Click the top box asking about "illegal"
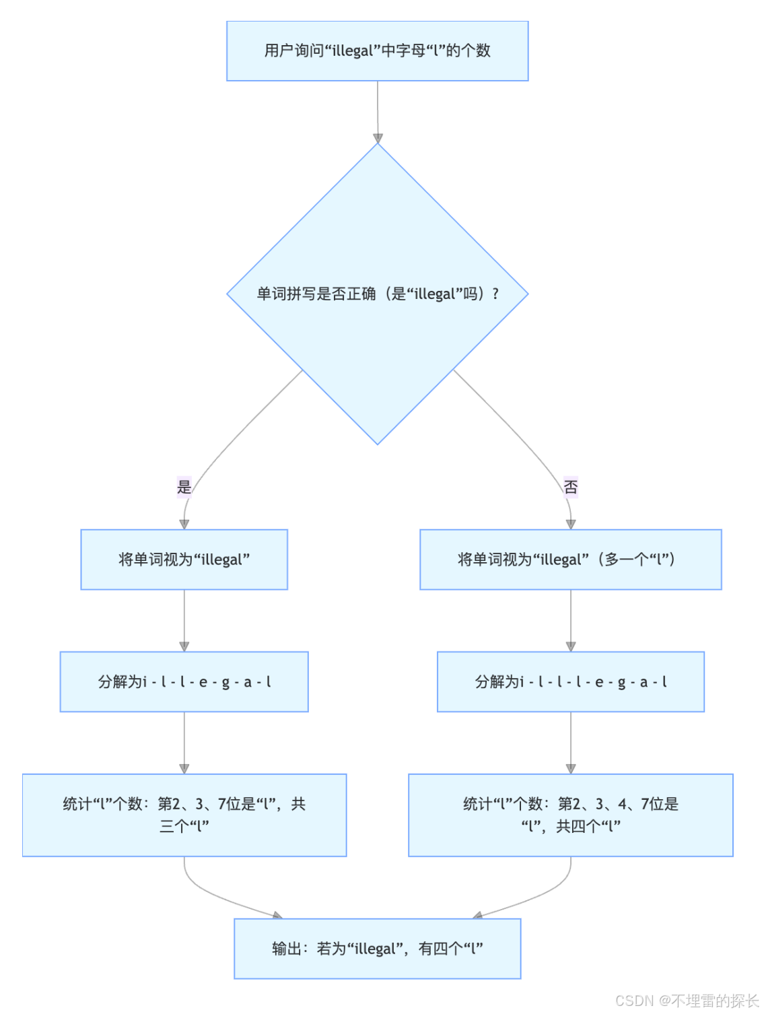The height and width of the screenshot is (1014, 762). pyautogui.click(x=377, y=51)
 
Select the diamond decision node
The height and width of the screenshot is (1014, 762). pyautogui.click(x=377, y=294)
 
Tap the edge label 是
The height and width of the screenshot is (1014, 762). pyautogui.click(x=184, y=486)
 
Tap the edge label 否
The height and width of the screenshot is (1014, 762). pyautogui.click(x=570, y=486)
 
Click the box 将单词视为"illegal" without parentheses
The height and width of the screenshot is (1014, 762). pyautogui.click(x=184, y=560)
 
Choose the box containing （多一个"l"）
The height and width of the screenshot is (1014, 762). pyautogui.click(x=570, y=560)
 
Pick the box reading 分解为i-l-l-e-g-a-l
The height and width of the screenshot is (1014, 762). pyautogui.click(x=184, y=681)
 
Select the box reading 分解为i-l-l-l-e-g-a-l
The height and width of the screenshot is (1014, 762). pyautogui.click(x=570, y=681)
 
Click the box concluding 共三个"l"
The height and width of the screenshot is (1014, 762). pyautogui.click(x=184, y=815)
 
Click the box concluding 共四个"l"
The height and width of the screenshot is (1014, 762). pyautogui.click(x=570, y=815)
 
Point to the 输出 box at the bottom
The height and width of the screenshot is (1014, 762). pyautogui.click(x=377, y=948)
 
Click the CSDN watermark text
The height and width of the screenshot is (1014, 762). pyautogui.click(x=687, y=1001)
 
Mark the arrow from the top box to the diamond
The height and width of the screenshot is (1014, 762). pyautogui.click(x=378, y=111)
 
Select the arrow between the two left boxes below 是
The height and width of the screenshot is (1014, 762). pyautogui.click(x=184, y=620)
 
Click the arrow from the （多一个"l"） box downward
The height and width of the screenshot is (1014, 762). pyautogui.click(x=570, y=620)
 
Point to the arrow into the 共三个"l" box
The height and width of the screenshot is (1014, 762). pyautogui.click(x=184, y=743)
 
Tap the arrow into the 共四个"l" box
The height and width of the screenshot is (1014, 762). pyautogui.click(x=570, y=743)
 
